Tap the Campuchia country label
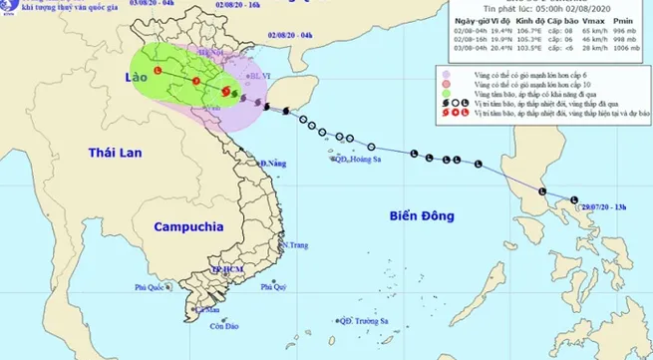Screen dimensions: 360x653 [185, 227]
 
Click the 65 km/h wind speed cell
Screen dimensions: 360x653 [565, 30]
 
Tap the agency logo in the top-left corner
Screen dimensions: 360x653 [13, 12]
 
